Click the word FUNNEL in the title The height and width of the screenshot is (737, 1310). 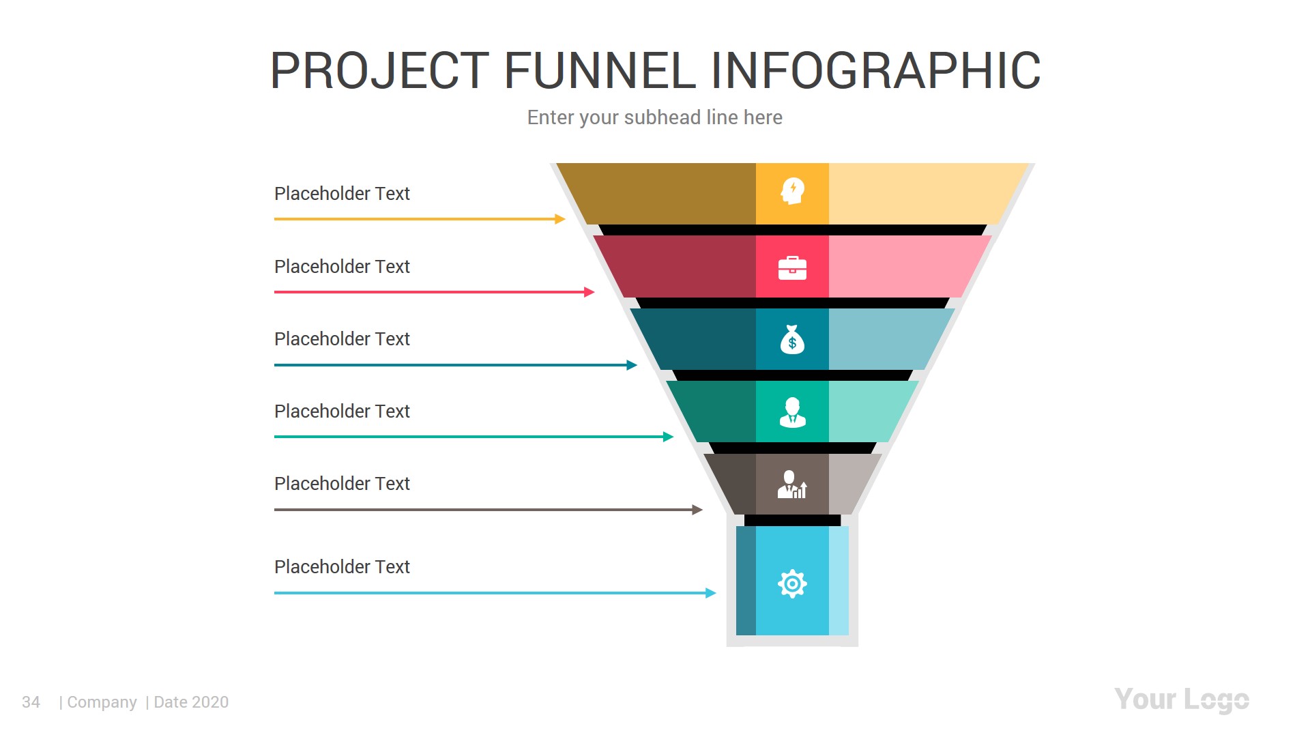click(x=600, y=70)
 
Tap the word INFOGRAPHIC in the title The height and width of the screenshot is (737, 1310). click(x=875, y=70)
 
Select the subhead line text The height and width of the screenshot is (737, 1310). click(x=654, y=117)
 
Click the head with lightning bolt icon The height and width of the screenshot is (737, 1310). click(x=792, y=191)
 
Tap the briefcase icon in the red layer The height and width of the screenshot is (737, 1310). click(x=792, y=268)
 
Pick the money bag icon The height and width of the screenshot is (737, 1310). click(x=792, y=340)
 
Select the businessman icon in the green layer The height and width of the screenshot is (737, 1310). click(x=792, y=412)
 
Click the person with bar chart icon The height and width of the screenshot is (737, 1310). click(x=792, y=485)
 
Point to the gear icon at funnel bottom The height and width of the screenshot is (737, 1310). click(x=792, y=584)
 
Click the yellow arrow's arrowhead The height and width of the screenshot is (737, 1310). click(x=560, y=219)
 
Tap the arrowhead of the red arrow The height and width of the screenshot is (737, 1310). click(x=589, y=292)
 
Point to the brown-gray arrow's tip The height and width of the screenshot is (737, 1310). click(x=697, y=510)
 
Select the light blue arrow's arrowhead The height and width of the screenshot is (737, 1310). click(x=711, y=593)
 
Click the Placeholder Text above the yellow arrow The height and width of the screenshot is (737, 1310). click(x=342, y=194)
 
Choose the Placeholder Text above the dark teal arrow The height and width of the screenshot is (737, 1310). click(x=342, y=339)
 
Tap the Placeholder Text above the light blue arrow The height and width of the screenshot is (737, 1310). click(x=342, y=567)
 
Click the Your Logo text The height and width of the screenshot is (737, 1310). click(x=1181, y=700)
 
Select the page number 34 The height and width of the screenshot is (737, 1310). click(x=31, y=702)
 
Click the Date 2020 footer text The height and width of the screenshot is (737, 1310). click(x=191, y=702)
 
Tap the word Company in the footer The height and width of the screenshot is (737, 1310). click(x=102, y=702)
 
